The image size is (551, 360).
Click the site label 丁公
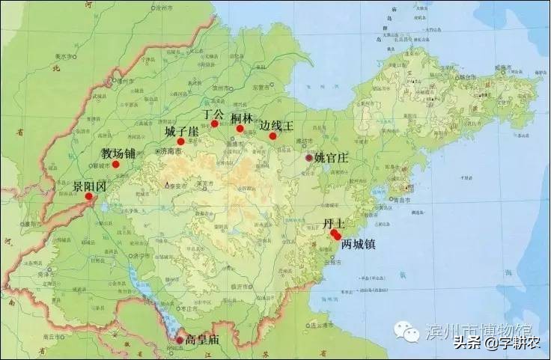pyautogui.click(x=213, y=114)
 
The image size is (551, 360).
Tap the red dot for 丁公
pyautogui.click(x=214, y=124)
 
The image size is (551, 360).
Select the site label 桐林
pyautogui.click(x=241, y=118)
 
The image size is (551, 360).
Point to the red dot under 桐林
pyautogui.click(x=240, y=129)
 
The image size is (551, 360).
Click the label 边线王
pyautogui.click(x=277, y=126)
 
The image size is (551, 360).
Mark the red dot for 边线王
pyautogui.click(x=273, y=136)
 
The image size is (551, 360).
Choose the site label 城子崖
pyautogui.click(x=181, y=132)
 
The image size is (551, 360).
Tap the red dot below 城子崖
pyautogui.click(x=180, y=141)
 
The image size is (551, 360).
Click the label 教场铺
pyautogui.click(x=119, y=153)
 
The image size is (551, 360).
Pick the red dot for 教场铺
pyautogui.click(x=116, y=164)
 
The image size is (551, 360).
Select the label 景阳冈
pyautogui.click(x=89, y=186)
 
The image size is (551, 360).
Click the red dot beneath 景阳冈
pyautogui.click(x=89, y=197)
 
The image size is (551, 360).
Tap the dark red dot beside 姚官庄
pyautogui.click(x=309, y=158)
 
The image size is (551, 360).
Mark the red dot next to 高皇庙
pyautogui.click(x=180, y=340)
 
